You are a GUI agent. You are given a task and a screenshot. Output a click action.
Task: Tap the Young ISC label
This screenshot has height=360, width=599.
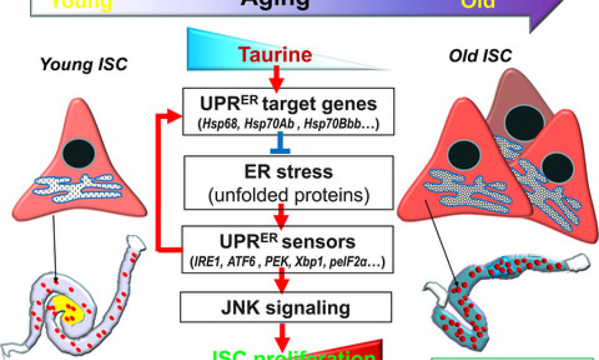coord(83,64)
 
